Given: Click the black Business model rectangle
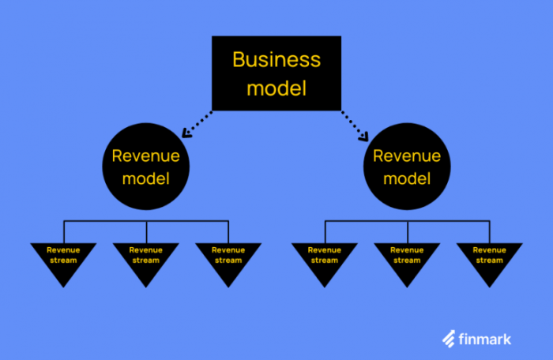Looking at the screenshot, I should click(x=276, y=73).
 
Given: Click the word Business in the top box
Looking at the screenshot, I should click(x=276, y=59).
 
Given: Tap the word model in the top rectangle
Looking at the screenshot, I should click(x=276, y=88).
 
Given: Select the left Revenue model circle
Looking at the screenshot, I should click(x=145, y=167).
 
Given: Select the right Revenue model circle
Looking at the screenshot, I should click(x=406, y=167).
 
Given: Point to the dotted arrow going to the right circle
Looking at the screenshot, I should click(x=355, y=124).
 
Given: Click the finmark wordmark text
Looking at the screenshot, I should click(x=485, y=339).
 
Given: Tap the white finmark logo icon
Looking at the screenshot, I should click(x=449, y=339).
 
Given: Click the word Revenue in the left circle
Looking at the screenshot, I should click(x=145, y=156).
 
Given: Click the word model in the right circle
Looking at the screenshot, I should click(x=406, y=178).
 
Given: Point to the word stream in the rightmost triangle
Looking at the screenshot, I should click(x=489, y=261).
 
